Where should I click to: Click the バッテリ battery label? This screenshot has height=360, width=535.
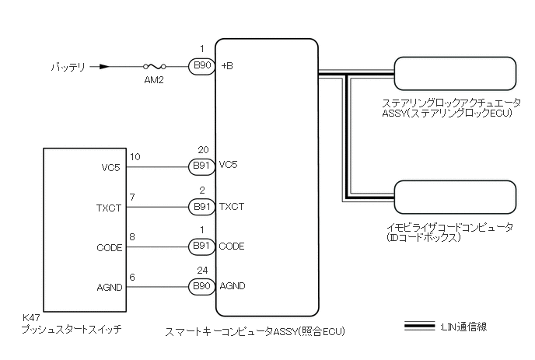pos(69,67)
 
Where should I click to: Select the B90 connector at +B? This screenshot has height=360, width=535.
pos(201,67)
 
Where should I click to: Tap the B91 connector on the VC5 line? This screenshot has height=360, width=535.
pos(201,166)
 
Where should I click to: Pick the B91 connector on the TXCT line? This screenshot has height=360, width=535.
pos(201,206)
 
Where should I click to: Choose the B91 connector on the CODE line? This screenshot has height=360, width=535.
pos(201,246)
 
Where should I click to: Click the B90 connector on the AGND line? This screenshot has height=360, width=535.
pos(201,286)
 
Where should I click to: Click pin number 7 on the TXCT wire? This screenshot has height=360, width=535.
pos(133,198)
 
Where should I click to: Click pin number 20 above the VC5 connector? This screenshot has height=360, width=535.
pos(204,150)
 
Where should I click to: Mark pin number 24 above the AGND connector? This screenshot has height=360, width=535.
pos(204,271)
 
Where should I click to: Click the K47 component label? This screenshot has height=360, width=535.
pos(32,319)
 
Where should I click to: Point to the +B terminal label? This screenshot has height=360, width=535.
pos(227,67)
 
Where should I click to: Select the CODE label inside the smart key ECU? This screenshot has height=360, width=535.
pos(232,246)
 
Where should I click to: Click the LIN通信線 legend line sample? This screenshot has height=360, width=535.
pos(419,327)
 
